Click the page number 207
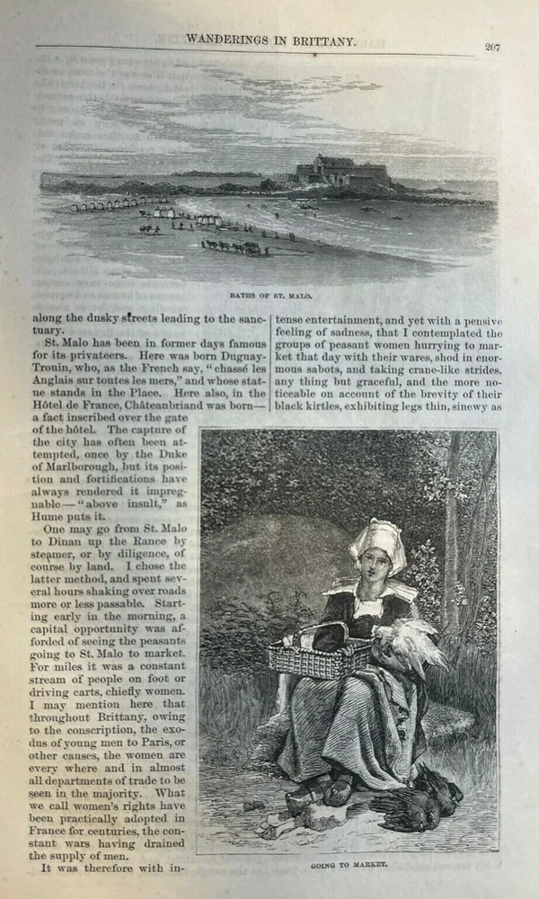[x=492, y=48]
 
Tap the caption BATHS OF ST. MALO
[x=269, y=294]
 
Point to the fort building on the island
[x=340, y=172]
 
